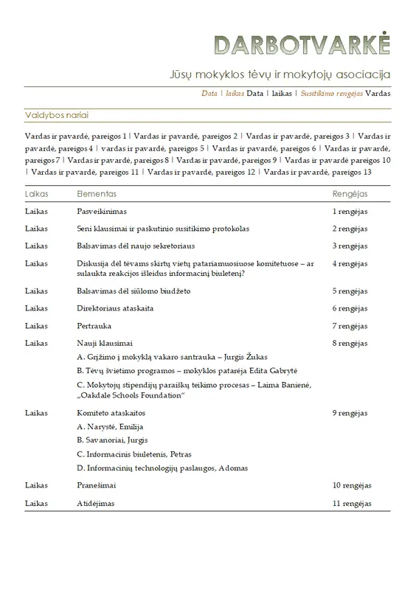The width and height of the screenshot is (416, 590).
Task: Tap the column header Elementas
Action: [97, 193]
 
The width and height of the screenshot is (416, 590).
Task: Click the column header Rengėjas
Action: [350, 193]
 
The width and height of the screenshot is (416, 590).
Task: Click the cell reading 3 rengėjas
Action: [350, 246]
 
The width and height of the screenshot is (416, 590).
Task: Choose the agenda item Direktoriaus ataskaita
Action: [115, 308]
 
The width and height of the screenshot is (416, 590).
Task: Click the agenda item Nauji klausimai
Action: [105, 343]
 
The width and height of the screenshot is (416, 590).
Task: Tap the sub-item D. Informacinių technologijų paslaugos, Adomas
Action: [162, 468]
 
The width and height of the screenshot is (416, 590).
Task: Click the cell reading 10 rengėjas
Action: [351, 486]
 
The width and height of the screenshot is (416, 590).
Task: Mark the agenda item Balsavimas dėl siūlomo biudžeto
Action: [134, 291]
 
